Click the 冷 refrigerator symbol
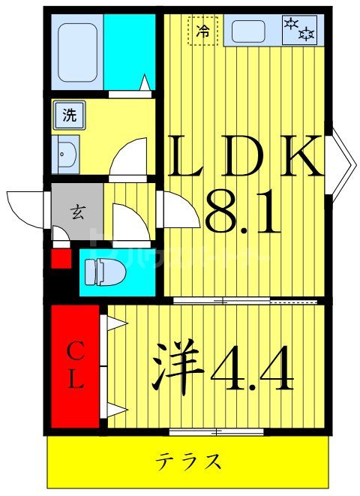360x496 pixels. coord(202,31)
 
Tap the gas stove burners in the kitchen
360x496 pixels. coord(299,30)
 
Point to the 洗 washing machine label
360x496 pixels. coord(69,116)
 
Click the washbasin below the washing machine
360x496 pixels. coord(66,155)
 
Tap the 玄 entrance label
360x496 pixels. coord(76,212)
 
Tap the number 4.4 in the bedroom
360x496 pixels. coord(251,368)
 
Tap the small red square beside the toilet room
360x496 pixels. coord(60,260)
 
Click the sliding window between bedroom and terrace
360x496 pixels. coord(216,431)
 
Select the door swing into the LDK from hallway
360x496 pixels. coord(180,210)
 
